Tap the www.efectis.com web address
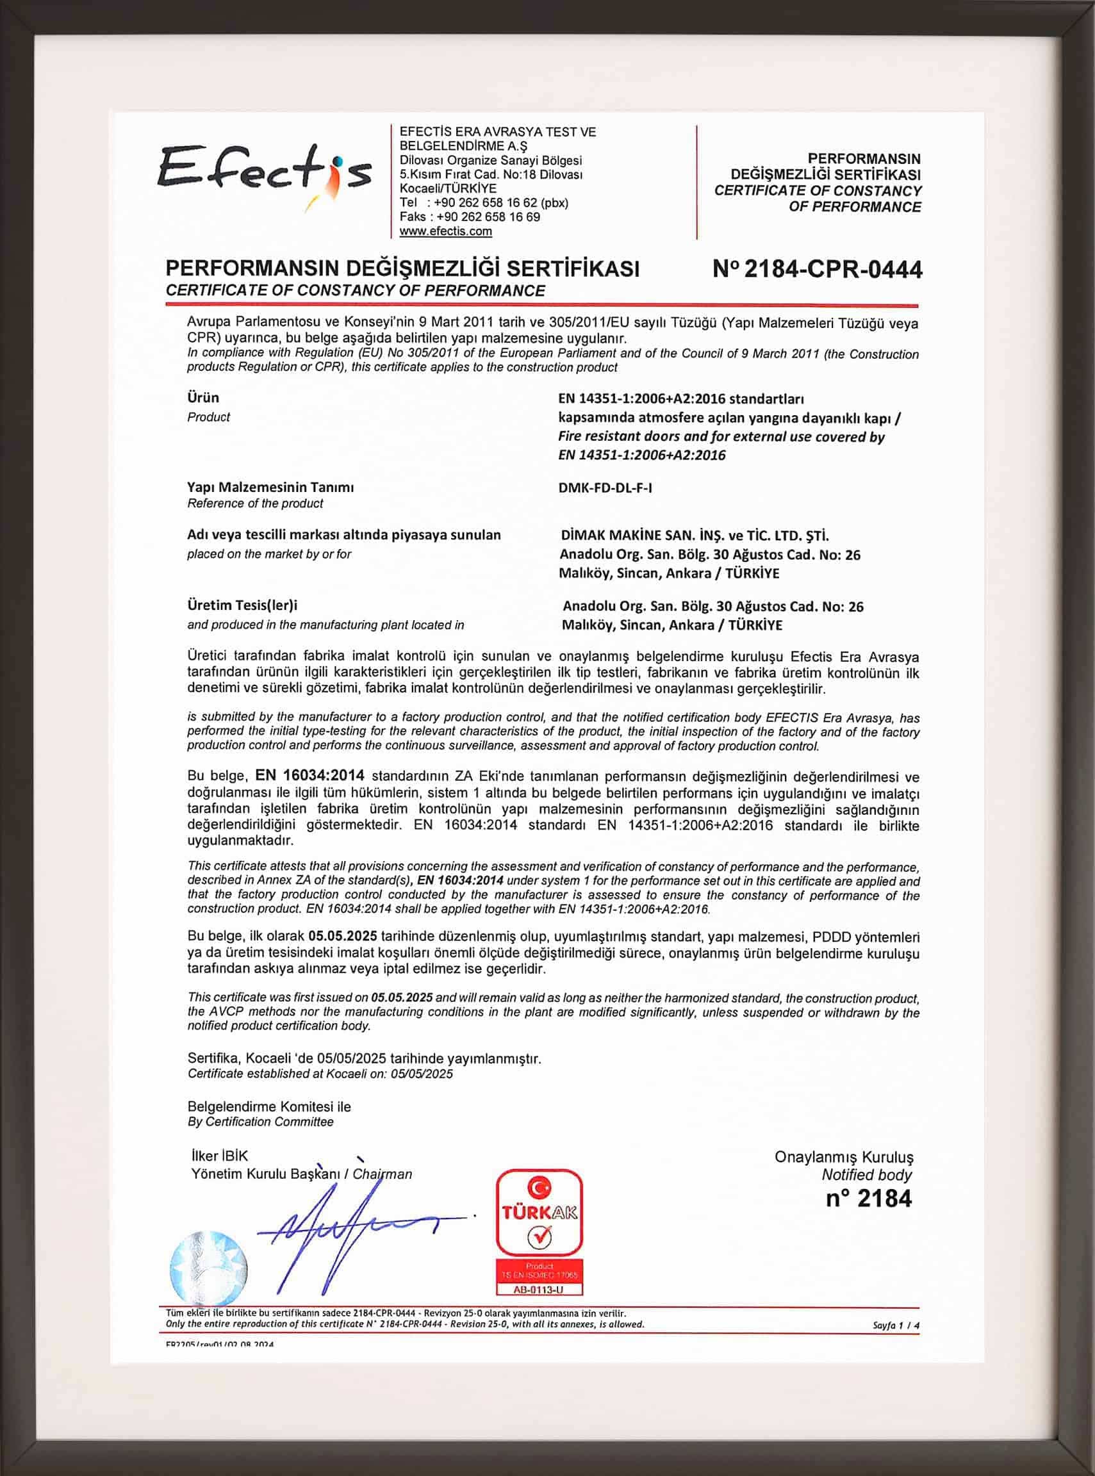pyautogui.click(x=445, y=231)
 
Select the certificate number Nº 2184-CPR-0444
pyautogui.click(x=818, y=269)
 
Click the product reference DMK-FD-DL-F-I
pyautogui.click(x=605, y=488)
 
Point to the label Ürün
pyautogui.click(x=203, y=398)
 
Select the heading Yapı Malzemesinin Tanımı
pyautogui.click(x=270, y=487)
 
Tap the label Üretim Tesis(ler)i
pyautogui.click(x=243, y=605)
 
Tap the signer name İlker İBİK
pyautogui.click(x=218, y=1156)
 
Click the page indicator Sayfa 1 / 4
pyautogui.click(x=896, y=1326)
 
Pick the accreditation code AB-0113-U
pyautogui.click(x=539, y=1290)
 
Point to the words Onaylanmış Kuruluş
pyautogui.click(x=844, y=1157)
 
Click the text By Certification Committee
pyautogui.click(x=261, y=1122)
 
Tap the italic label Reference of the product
pyautogui.click(x=255, y=504)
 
